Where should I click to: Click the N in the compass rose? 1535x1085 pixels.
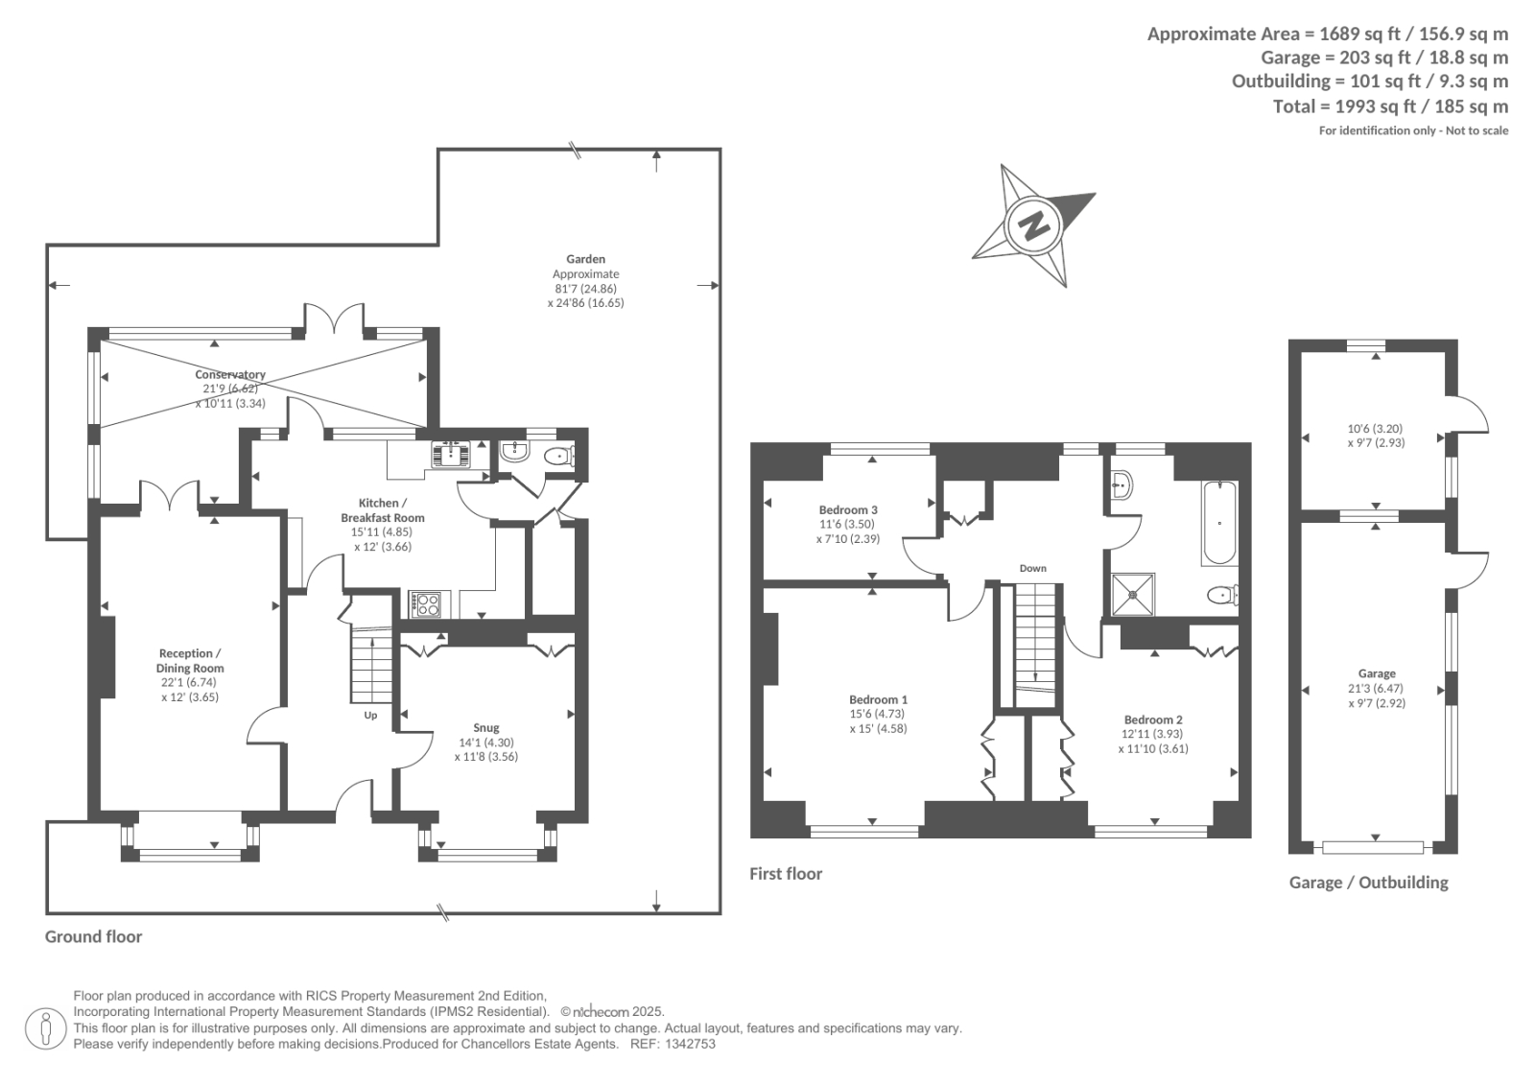click(1033, 225)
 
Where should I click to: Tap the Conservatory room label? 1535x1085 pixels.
click(230, 374)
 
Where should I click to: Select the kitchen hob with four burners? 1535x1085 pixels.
click(426, 603)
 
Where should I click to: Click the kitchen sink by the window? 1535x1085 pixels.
click(450, 454)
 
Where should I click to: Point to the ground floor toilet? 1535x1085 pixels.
click(560, 455)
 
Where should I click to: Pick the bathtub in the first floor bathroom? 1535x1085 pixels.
click(1219, 523)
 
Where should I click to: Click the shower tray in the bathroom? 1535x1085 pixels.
click(1133, 595)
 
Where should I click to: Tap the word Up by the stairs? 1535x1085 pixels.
click(370, 715)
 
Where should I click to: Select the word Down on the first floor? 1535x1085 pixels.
click(1032, 568)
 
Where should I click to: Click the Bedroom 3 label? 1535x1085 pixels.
click(848, 510)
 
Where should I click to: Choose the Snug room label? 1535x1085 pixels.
click(486, 727)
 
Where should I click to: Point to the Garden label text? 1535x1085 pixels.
click(586, 259)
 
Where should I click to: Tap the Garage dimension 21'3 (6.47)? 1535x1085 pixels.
click(1377, 688)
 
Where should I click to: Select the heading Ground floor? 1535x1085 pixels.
click(94, 937)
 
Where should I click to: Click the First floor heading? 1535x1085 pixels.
click(786, 874)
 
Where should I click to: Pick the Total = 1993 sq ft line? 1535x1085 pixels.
click(1390, 106)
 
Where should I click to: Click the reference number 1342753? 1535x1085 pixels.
click(690, 1044)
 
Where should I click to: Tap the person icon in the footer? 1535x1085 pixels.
click(45, 1029)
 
